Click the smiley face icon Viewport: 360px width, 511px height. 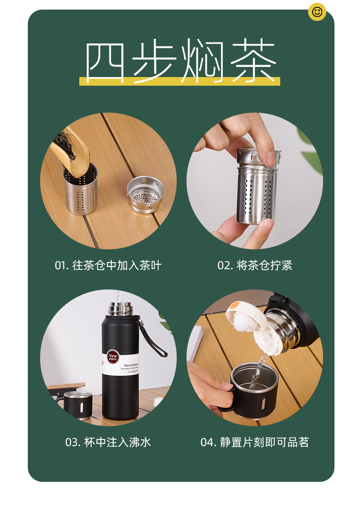[x=317, y=12]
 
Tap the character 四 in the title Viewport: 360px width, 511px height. [x=105, y=62]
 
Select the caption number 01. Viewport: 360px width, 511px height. [x=61, y=266]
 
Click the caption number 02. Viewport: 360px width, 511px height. [x=225, y=266]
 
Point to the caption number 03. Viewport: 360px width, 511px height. [x=72, y=442]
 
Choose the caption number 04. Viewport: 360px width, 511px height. [x=208, y=442]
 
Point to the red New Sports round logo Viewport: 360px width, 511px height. [x=113, y=356]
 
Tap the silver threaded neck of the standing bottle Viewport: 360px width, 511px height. [x=120, y=309]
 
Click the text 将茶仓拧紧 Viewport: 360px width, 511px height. [x=265, y=266]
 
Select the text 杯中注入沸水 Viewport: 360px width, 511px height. [x=118, y=442]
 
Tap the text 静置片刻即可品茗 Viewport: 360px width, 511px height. [x=265, y=442]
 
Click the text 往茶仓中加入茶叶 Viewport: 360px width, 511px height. [x=117, y=266]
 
